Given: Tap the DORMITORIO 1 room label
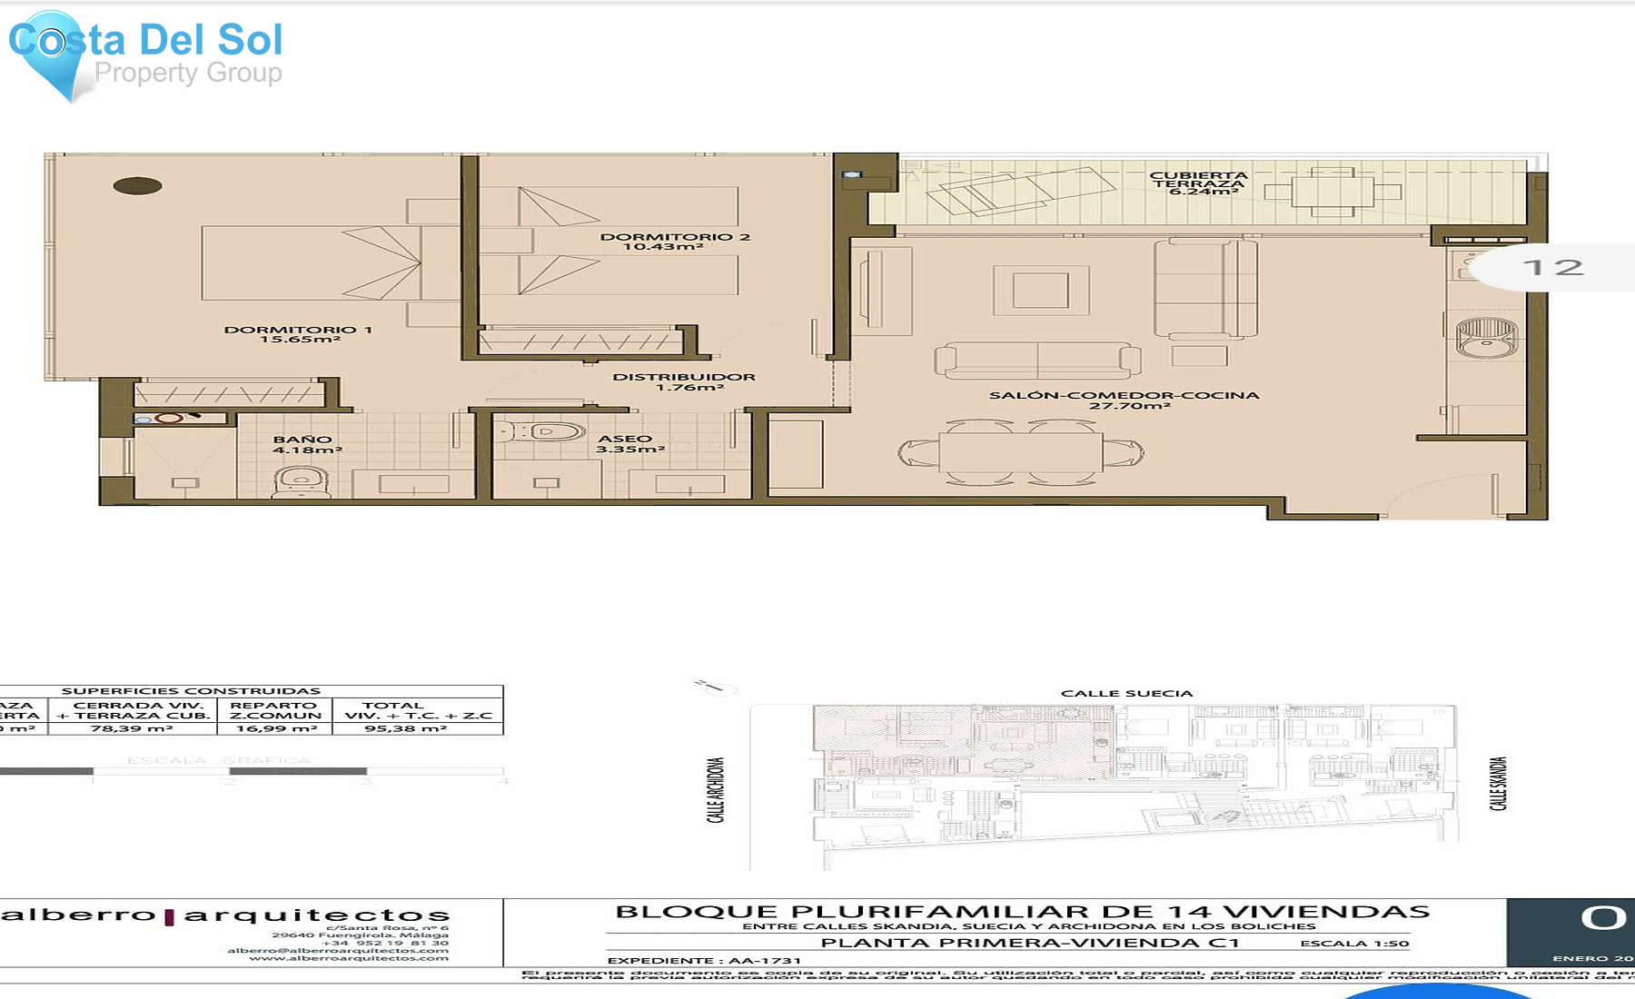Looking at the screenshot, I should point(299,334).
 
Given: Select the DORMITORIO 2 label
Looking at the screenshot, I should point(674,242).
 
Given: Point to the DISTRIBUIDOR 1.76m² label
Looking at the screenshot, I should point(684,381).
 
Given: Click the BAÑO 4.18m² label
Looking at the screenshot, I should point(305,444).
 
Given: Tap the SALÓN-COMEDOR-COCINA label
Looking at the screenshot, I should point(1125,400).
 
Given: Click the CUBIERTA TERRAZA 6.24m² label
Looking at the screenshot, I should point(1198,183).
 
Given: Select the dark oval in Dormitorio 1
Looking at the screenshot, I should point(138,186).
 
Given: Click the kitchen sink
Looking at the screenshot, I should point(1486,337).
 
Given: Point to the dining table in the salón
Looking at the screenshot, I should point(1021,451).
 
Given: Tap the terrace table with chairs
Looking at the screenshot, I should point(1333,192).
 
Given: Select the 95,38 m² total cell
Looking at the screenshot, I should point(405,728).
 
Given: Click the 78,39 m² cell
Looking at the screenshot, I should point(132,728).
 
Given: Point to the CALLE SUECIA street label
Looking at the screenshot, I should point(1126,693).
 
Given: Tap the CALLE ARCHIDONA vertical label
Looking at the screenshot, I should point(717,790).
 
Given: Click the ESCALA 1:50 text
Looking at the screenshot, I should point(1354,944).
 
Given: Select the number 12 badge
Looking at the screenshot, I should point(1553,267).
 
